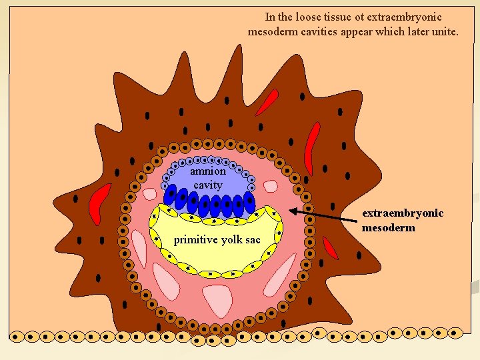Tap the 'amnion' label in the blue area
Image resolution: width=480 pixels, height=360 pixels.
coord(208,171)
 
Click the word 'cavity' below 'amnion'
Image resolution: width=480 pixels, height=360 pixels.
coord(208,185)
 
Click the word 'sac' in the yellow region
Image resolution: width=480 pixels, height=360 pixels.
coord(253,239)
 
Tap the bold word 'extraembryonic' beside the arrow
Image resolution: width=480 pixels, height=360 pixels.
coord(403,213)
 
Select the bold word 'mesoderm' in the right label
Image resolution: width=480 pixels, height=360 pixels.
coord(388,227)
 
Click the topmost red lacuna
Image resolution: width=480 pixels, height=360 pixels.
coord(267,103)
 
